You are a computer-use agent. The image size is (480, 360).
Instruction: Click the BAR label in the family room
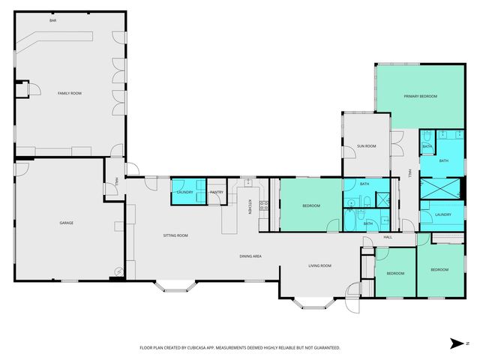pos(53,20)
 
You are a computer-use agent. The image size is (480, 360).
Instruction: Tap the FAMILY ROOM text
pos(70,93)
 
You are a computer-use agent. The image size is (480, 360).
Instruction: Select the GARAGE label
pos(67,223)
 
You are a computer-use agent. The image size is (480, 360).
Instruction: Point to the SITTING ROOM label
pos(175,235)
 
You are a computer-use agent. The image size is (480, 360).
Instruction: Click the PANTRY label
pos(217,193)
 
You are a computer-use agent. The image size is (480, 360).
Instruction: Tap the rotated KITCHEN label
pos(250,205)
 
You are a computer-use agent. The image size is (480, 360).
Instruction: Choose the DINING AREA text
pos(250,256)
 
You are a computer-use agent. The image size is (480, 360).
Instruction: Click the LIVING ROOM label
pos(320,265)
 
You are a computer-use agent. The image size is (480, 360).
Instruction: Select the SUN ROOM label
pos(366,145)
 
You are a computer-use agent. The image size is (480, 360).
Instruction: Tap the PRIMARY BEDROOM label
pos(420,96)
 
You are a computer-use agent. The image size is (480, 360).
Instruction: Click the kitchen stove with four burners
pos(264,205)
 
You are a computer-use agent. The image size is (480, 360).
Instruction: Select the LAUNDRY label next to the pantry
pos(184,193)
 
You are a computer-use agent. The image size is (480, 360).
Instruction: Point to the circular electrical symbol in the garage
pos(118,271)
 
